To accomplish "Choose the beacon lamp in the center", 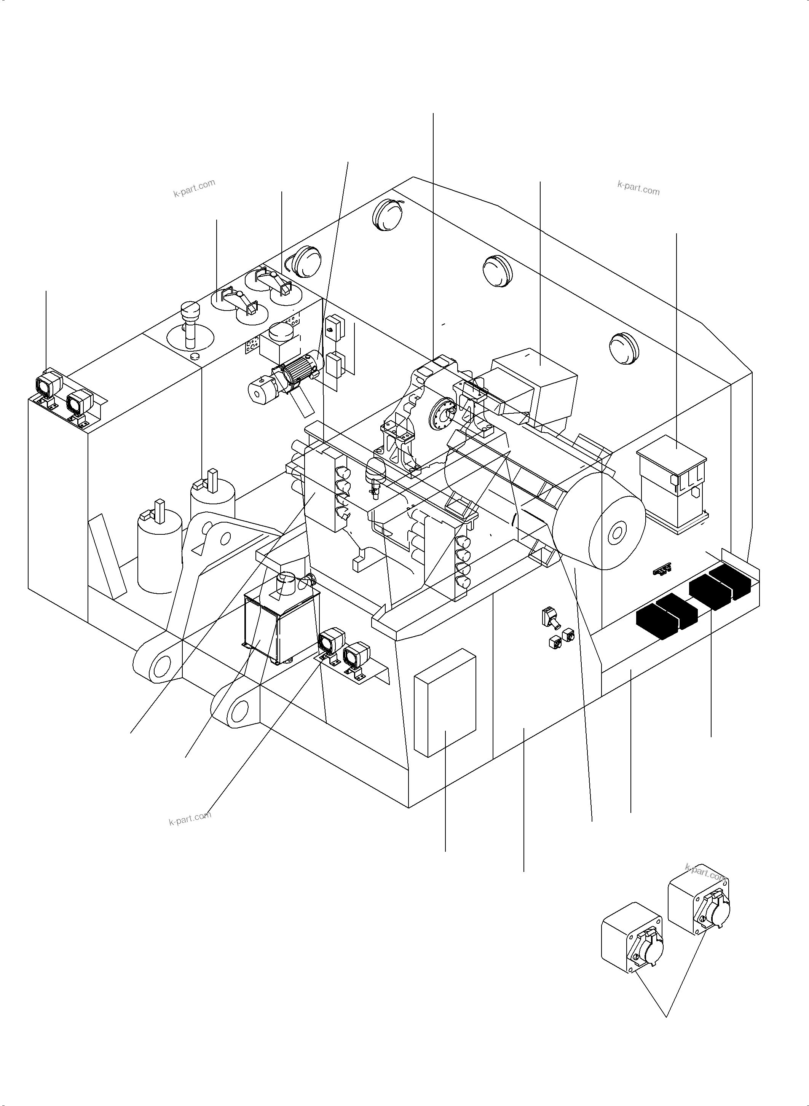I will pos(376,472).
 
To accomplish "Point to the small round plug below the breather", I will pos(195,355).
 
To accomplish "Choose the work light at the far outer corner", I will pos(48,386).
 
